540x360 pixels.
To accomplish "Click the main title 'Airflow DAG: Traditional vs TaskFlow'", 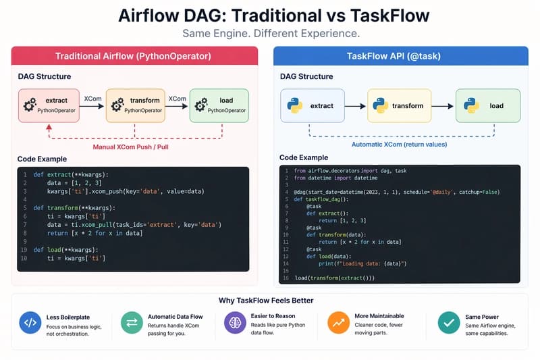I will pyautogui.click(x=270, y=16).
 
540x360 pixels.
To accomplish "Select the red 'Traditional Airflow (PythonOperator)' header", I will pyautogui.click(x=134, y=55).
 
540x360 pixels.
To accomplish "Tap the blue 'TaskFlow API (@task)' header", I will pyautogui.click(x=400, y=55).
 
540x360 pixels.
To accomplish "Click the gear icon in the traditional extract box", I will pyautogui.click(x=29, y=105).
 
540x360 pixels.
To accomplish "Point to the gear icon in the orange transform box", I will pyautogui.click(x=117, y=105).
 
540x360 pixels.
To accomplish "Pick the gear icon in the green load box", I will pyautogui.click(x=200, y=105).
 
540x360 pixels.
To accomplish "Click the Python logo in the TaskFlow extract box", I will pyautogui.click(x=294, y=105).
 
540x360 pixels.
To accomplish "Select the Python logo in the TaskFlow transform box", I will pyautogui.click(x=381, y=105).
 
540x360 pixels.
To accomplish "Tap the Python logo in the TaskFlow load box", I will pyautogui.click(x=473, y=105).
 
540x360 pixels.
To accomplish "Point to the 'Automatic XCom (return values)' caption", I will pyautogui.click(x=400, y=144).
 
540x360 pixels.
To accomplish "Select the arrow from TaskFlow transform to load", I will pyautogui.click(x=442, y=106).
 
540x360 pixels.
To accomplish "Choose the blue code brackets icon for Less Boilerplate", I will pyautogui.click(x=30, y=322).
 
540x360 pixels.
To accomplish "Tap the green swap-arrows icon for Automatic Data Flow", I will pyautogui.click(x=132, y=322).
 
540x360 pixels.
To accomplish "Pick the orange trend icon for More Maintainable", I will pyautogui.click(x=337, y=322).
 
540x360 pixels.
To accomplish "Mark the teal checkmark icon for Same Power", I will pyautogui.click(x=448, y=322).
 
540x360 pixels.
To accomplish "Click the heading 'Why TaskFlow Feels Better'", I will pyautogui.click(x=270, y=301).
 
